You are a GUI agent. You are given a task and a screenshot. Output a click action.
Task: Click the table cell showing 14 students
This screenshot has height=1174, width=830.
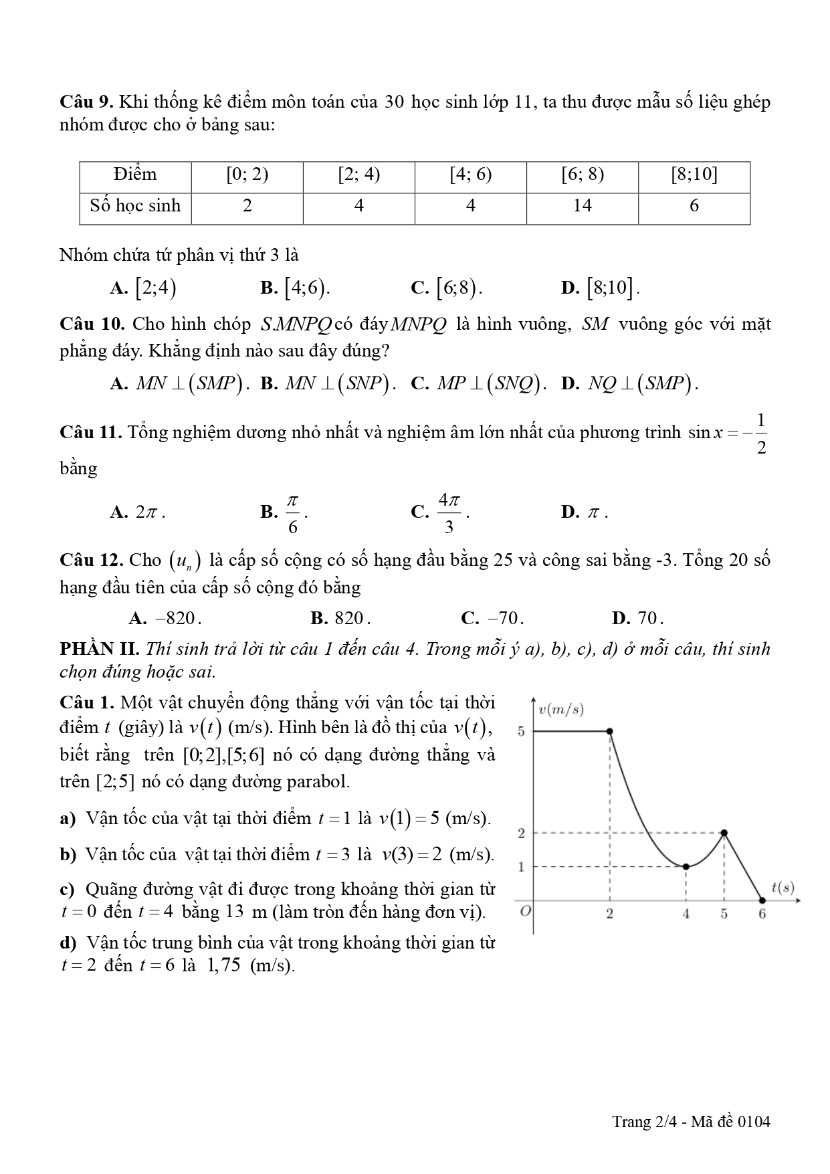pyautogui.click(x=582, y=206)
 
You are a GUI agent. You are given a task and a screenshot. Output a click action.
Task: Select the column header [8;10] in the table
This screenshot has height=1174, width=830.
pyautogui.click(x=694, y=175)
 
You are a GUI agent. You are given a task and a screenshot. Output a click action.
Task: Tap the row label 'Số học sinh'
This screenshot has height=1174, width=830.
pyautogui.click(x=135, y=206)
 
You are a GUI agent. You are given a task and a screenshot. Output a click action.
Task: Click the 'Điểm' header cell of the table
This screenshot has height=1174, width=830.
pyautogui.click(x=135, y=175)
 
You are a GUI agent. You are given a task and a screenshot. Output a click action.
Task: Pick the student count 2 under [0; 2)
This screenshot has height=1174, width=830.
pyautogui.click(x=247, y=206)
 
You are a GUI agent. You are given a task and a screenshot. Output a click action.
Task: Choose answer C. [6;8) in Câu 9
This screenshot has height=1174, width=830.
pyautogui.click(x=447, y=288)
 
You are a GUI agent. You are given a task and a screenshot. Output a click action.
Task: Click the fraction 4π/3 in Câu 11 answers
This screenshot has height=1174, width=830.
pyautogui.click(x=449, y=512)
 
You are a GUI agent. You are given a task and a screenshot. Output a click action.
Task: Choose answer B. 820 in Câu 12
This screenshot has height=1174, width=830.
pyautogui.click(x=341, y=618)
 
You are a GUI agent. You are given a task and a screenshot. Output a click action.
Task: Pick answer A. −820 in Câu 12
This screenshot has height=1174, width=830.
pyautogui.click(x=165, y=618)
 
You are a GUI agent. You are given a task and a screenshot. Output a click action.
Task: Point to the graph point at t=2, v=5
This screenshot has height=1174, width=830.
pyautogui.click(x=609, y=731)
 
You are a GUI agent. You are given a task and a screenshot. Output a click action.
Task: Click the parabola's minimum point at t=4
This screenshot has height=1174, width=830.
pyautogui.click(x=686, y=867)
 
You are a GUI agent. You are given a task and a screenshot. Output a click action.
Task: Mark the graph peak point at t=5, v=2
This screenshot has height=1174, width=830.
pyautogui.click(x=724, y=833)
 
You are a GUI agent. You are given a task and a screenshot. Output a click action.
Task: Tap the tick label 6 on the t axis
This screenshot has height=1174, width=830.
pyautogui.click(x=762, y=914)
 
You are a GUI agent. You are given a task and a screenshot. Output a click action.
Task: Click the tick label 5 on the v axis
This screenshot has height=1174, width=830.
pyautogui.click(x=522, y=731)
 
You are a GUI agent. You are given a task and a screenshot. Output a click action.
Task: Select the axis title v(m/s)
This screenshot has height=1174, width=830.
pyautogui.click(x=561, y=710)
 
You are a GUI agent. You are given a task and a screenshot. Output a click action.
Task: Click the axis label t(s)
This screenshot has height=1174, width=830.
pyautogui.click(x=783, y=888)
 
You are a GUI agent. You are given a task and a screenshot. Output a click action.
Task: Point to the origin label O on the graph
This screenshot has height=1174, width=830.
pyautogui.click(x=525, y=912)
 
